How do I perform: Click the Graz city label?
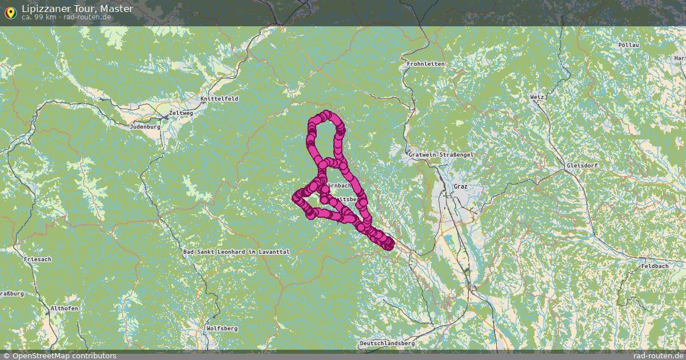click(x=460, y=187)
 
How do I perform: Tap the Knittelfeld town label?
click(x=220, y=99)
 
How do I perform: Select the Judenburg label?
click(x=145, y=127)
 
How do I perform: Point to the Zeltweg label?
click(x=181, y=113)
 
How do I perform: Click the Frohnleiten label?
click(x=426, y=64)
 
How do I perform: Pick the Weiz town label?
click(x=537, y=97)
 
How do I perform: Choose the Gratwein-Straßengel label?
click(x=441, y=155)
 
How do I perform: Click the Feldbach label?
click(x=655, y=266)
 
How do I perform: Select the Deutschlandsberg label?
click(x=387, y=343)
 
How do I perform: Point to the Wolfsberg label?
click(x=222, y=329)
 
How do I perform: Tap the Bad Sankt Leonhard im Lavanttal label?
click(x=237, y=251)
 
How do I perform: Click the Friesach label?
click(x=38, y=259)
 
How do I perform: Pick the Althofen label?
click(x=65, y=308)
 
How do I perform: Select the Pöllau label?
click(x=628, y=45)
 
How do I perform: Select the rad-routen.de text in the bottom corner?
click(x=658, y=355)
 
